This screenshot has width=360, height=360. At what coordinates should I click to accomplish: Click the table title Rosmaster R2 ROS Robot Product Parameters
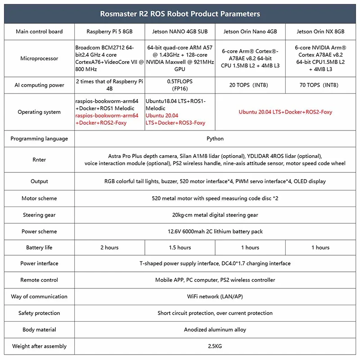click(180, 13)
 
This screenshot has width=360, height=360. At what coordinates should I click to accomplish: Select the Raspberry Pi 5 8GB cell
click(110, 31)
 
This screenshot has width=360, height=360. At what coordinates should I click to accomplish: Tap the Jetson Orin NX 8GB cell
click(321, 31)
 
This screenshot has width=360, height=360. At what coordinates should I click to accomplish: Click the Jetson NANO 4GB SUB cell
click(180, 31)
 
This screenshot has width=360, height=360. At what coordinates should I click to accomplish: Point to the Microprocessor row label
click(39, 58)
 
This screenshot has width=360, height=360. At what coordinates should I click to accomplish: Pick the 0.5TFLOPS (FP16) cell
click(180, 85)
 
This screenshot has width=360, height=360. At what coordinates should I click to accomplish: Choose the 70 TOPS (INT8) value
click(321, 85)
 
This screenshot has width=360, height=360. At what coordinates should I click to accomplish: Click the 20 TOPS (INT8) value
click(250, 85)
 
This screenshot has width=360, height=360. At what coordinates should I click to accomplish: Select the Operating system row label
click(39, 112)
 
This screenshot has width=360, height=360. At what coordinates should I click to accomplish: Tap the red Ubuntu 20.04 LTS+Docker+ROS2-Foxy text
click(285, 112)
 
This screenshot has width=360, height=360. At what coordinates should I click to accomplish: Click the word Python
click(215, 139)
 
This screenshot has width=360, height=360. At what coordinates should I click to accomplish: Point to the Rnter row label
click(39, 160)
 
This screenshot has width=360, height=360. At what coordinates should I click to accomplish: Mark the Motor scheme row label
click(39, 198)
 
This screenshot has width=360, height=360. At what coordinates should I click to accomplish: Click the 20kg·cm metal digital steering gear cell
click(215, 215)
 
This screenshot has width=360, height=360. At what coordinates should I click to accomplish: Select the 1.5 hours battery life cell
click(180, 247)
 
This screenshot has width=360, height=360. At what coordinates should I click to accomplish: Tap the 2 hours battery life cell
click(110, 247)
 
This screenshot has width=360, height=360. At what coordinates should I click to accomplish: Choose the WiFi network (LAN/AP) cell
click(215, 297)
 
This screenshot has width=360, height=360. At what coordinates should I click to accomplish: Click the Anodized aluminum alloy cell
click(215, 330)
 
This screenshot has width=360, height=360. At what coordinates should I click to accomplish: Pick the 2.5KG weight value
click(215, 346)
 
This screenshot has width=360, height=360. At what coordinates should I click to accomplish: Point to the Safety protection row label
click(39, 313)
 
